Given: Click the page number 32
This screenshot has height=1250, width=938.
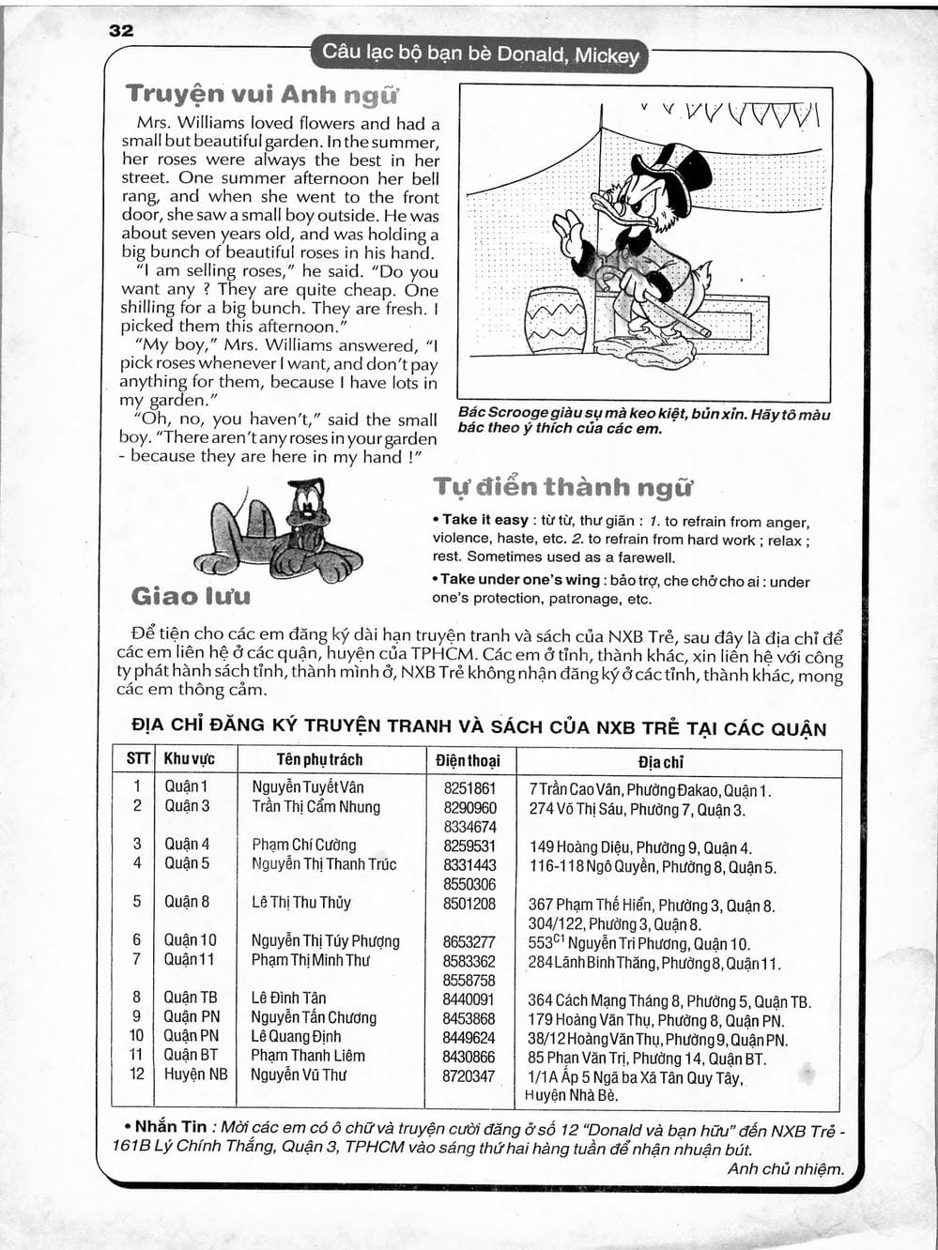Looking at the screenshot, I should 121,30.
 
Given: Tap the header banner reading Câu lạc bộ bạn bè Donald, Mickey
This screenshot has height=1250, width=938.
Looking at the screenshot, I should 480,54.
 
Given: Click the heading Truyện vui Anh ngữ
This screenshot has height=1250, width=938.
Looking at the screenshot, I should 262,94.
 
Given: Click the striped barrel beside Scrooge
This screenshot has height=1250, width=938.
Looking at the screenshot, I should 555,320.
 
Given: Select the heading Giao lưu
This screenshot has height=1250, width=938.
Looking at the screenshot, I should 191,596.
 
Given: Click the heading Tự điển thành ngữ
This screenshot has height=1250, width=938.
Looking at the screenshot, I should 562,487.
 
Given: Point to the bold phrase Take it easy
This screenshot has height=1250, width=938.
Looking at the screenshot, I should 485,520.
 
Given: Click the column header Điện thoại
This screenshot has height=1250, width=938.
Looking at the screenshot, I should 468,760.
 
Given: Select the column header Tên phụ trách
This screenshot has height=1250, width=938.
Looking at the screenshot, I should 319,759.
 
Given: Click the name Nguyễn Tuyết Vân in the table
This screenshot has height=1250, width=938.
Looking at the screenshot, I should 308,787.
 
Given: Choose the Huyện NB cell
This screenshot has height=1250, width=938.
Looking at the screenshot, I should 195,1075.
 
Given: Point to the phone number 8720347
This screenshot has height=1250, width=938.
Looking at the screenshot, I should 469,1075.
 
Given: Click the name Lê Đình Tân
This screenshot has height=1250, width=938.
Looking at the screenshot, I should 288,998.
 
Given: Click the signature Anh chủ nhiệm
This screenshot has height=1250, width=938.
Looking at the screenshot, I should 785,1169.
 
